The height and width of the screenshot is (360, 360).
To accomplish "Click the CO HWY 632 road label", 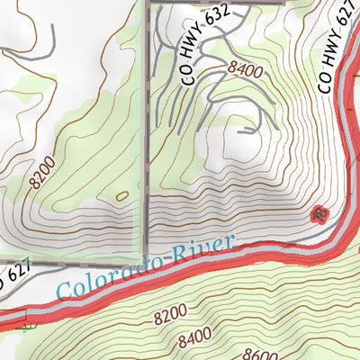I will pos(212,43).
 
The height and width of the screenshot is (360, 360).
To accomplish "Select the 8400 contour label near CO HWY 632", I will pos(247,68).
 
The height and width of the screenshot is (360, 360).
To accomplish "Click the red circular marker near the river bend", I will pos(317,214).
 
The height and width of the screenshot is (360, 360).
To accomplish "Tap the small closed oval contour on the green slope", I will pos(121,195).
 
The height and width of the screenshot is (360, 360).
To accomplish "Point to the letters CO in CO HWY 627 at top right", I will pos(326,83).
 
